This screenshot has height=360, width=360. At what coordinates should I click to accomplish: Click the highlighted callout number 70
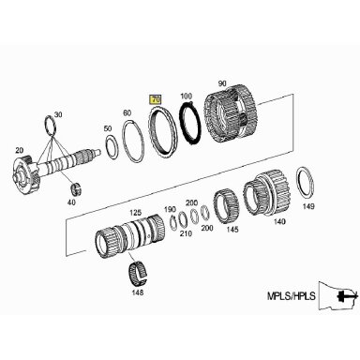[156, 99]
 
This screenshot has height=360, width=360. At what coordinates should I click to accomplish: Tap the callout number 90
[222, 83]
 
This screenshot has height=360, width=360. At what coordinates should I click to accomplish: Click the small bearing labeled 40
[76, 189]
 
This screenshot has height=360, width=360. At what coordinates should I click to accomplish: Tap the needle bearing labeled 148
[138, 271]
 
